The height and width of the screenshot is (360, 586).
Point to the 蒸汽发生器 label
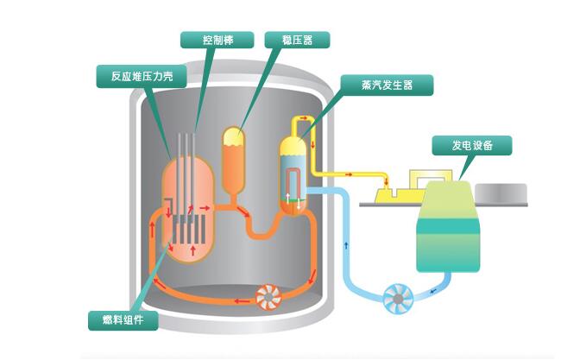point(384,85)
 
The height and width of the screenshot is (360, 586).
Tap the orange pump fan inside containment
point(268,297)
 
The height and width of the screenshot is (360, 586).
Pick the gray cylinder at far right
point(502,193)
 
